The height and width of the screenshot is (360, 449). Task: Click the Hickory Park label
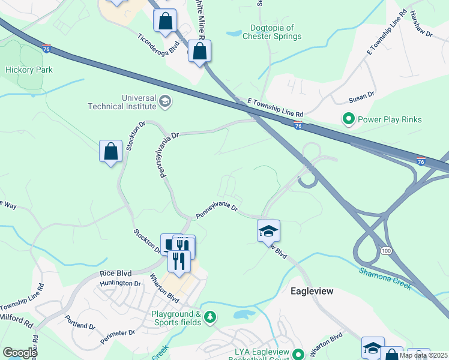[29, 70]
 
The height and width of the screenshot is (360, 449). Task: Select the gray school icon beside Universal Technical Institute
[164, 102]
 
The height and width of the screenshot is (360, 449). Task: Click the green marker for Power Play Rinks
[348, 119]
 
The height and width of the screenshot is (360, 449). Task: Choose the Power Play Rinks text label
[390, 119]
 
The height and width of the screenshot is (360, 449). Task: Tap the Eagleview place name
[312, 291]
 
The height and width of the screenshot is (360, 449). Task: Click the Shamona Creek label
[385, 278]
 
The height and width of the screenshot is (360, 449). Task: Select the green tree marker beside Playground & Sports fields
[209, 317]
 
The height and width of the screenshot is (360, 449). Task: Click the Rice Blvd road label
[115, 273]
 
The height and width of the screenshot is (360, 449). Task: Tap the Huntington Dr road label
[120, 283]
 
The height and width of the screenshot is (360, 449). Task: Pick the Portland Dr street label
[80, 322]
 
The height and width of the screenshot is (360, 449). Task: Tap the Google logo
[20, 353]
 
